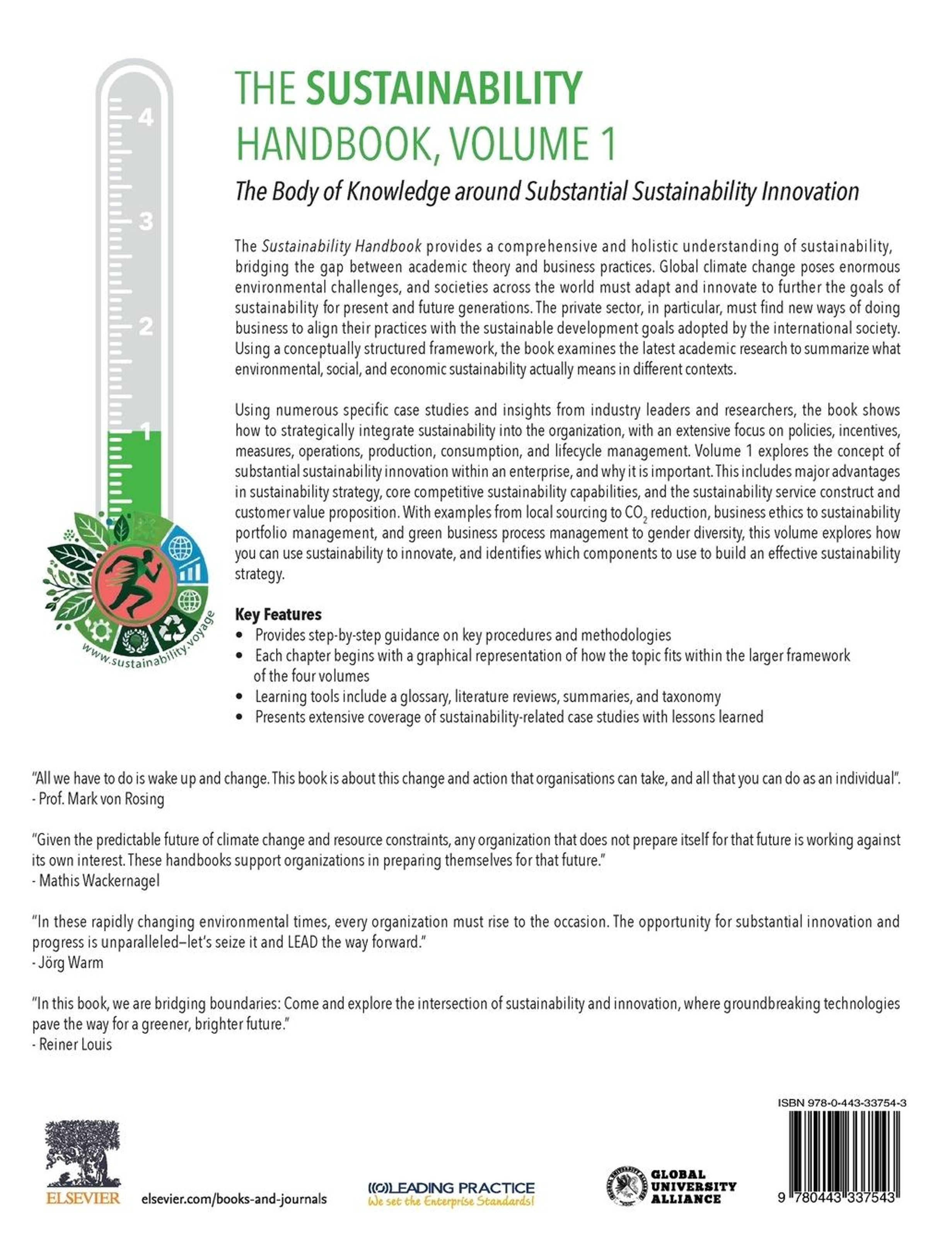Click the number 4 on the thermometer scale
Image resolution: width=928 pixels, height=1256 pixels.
(x=146, y=118)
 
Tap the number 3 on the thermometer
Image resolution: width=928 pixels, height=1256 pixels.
(x=146, y=221)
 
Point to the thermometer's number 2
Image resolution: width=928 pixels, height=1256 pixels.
(x=146, y=326)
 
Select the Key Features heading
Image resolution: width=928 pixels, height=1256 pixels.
(x=278, y=614)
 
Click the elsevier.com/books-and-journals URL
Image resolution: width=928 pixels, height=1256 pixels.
(x=234, y=1199)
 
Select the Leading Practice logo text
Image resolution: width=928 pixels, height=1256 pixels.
(x=451, y=1188)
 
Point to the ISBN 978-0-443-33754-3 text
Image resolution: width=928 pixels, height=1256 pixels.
(x=841, y=1102)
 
